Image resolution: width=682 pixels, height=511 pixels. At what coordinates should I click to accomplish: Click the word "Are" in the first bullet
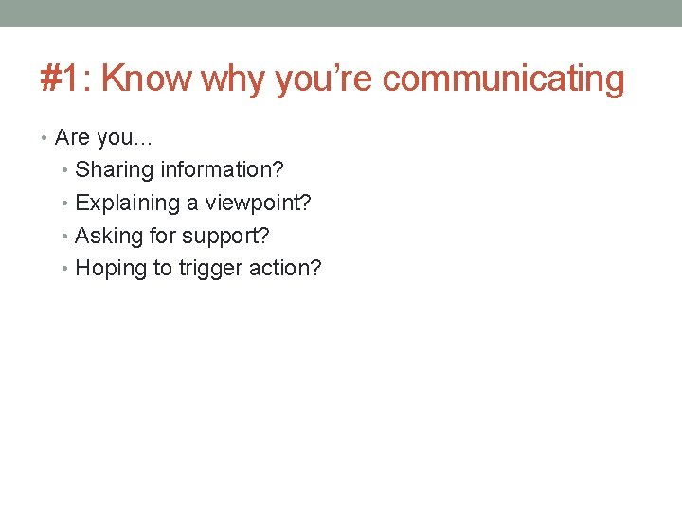[x=72, y=138]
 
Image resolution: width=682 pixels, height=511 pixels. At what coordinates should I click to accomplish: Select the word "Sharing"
[x=114, y=171]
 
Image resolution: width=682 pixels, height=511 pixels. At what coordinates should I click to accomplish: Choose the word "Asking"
[x=109, y=237]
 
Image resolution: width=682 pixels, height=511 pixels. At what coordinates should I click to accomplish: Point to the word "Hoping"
[x=111, y=269]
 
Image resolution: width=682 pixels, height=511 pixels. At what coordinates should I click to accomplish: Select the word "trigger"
[x=210, y=269]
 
